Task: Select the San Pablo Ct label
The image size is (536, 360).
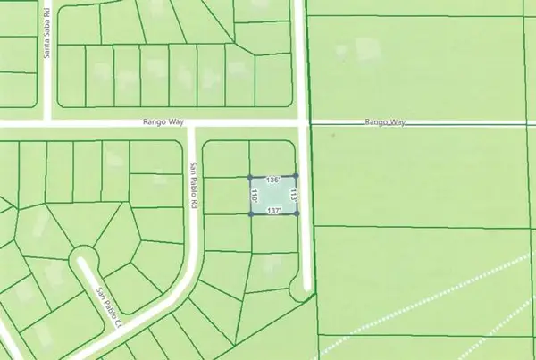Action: coord(110,306)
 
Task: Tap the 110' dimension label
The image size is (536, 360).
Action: coord(255,196)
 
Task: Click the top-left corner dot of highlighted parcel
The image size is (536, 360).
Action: coord(249,177)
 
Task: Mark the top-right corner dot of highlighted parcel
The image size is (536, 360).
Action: coord(296,175)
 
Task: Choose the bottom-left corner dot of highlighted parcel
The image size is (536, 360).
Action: coord(249,213)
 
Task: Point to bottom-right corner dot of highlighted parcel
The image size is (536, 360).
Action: coord(296,213)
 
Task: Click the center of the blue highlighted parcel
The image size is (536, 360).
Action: coord(272,196)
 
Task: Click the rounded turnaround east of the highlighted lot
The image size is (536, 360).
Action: coord(299,288)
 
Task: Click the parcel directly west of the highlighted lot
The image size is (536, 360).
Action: coord(226,196)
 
